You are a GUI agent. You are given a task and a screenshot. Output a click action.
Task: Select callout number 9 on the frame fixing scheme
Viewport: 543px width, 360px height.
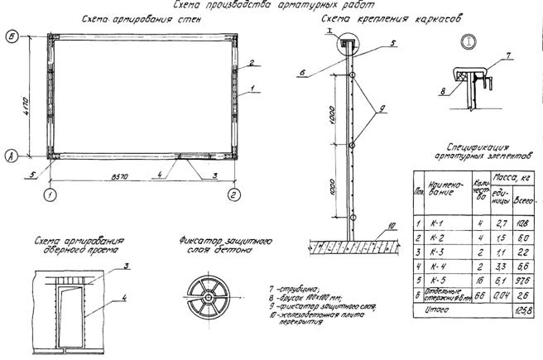point(382,108)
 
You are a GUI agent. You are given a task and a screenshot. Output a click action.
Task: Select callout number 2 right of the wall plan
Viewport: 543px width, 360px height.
point(249,62)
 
